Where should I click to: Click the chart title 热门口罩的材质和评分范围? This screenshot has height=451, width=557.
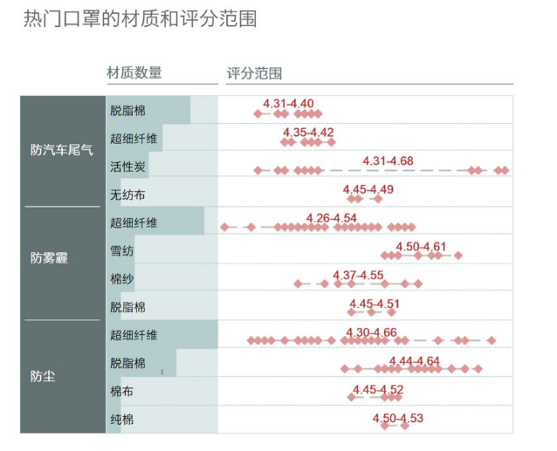click(x=140, y=19)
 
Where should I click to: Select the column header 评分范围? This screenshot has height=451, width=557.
click(x=254, y=74)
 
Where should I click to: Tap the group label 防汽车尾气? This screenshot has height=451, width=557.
click(x=61, y=150)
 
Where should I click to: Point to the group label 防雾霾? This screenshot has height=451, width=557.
click(x=49, y=258)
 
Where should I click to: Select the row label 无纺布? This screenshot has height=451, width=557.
click(x=127, y=195)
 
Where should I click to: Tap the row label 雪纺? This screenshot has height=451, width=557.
click(x=122, y=251)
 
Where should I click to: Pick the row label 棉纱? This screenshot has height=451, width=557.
click(x=122, y=279)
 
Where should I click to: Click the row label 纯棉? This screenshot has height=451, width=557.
click(x=122, y=420)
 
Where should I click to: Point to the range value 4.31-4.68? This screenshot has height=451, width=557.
click(x=388, y=161)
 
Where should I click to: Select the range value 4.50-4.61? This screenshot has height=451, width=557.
click(x=421, y=246)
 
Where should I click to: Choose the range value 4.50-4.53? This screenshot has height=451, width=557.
click(x=397, y=418)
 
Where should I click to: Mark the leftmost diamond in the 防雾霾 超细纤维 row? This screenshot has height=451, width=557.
click(x=224, y=227)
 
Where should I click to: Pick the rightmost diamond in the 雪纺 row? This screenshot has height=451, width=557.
click(x=457, y=256)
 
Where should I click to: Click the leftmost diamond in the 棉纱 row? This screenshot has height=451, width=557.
click(x=299, y=284)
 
